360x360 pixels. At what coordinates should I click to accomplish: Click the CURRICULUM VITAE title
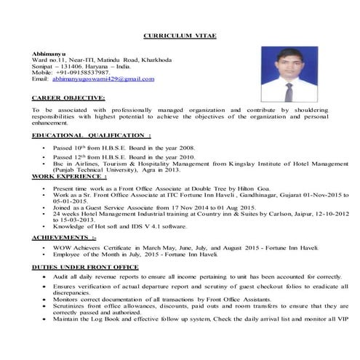coord(180,36)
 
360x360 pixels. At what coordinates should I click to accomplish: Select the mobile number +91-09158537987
coord(84,73)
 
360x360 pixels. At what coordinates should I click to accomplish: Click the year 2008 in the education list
coord(187,147)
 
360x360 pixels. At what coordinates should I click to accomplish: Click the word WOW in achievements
coord(60,247)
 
